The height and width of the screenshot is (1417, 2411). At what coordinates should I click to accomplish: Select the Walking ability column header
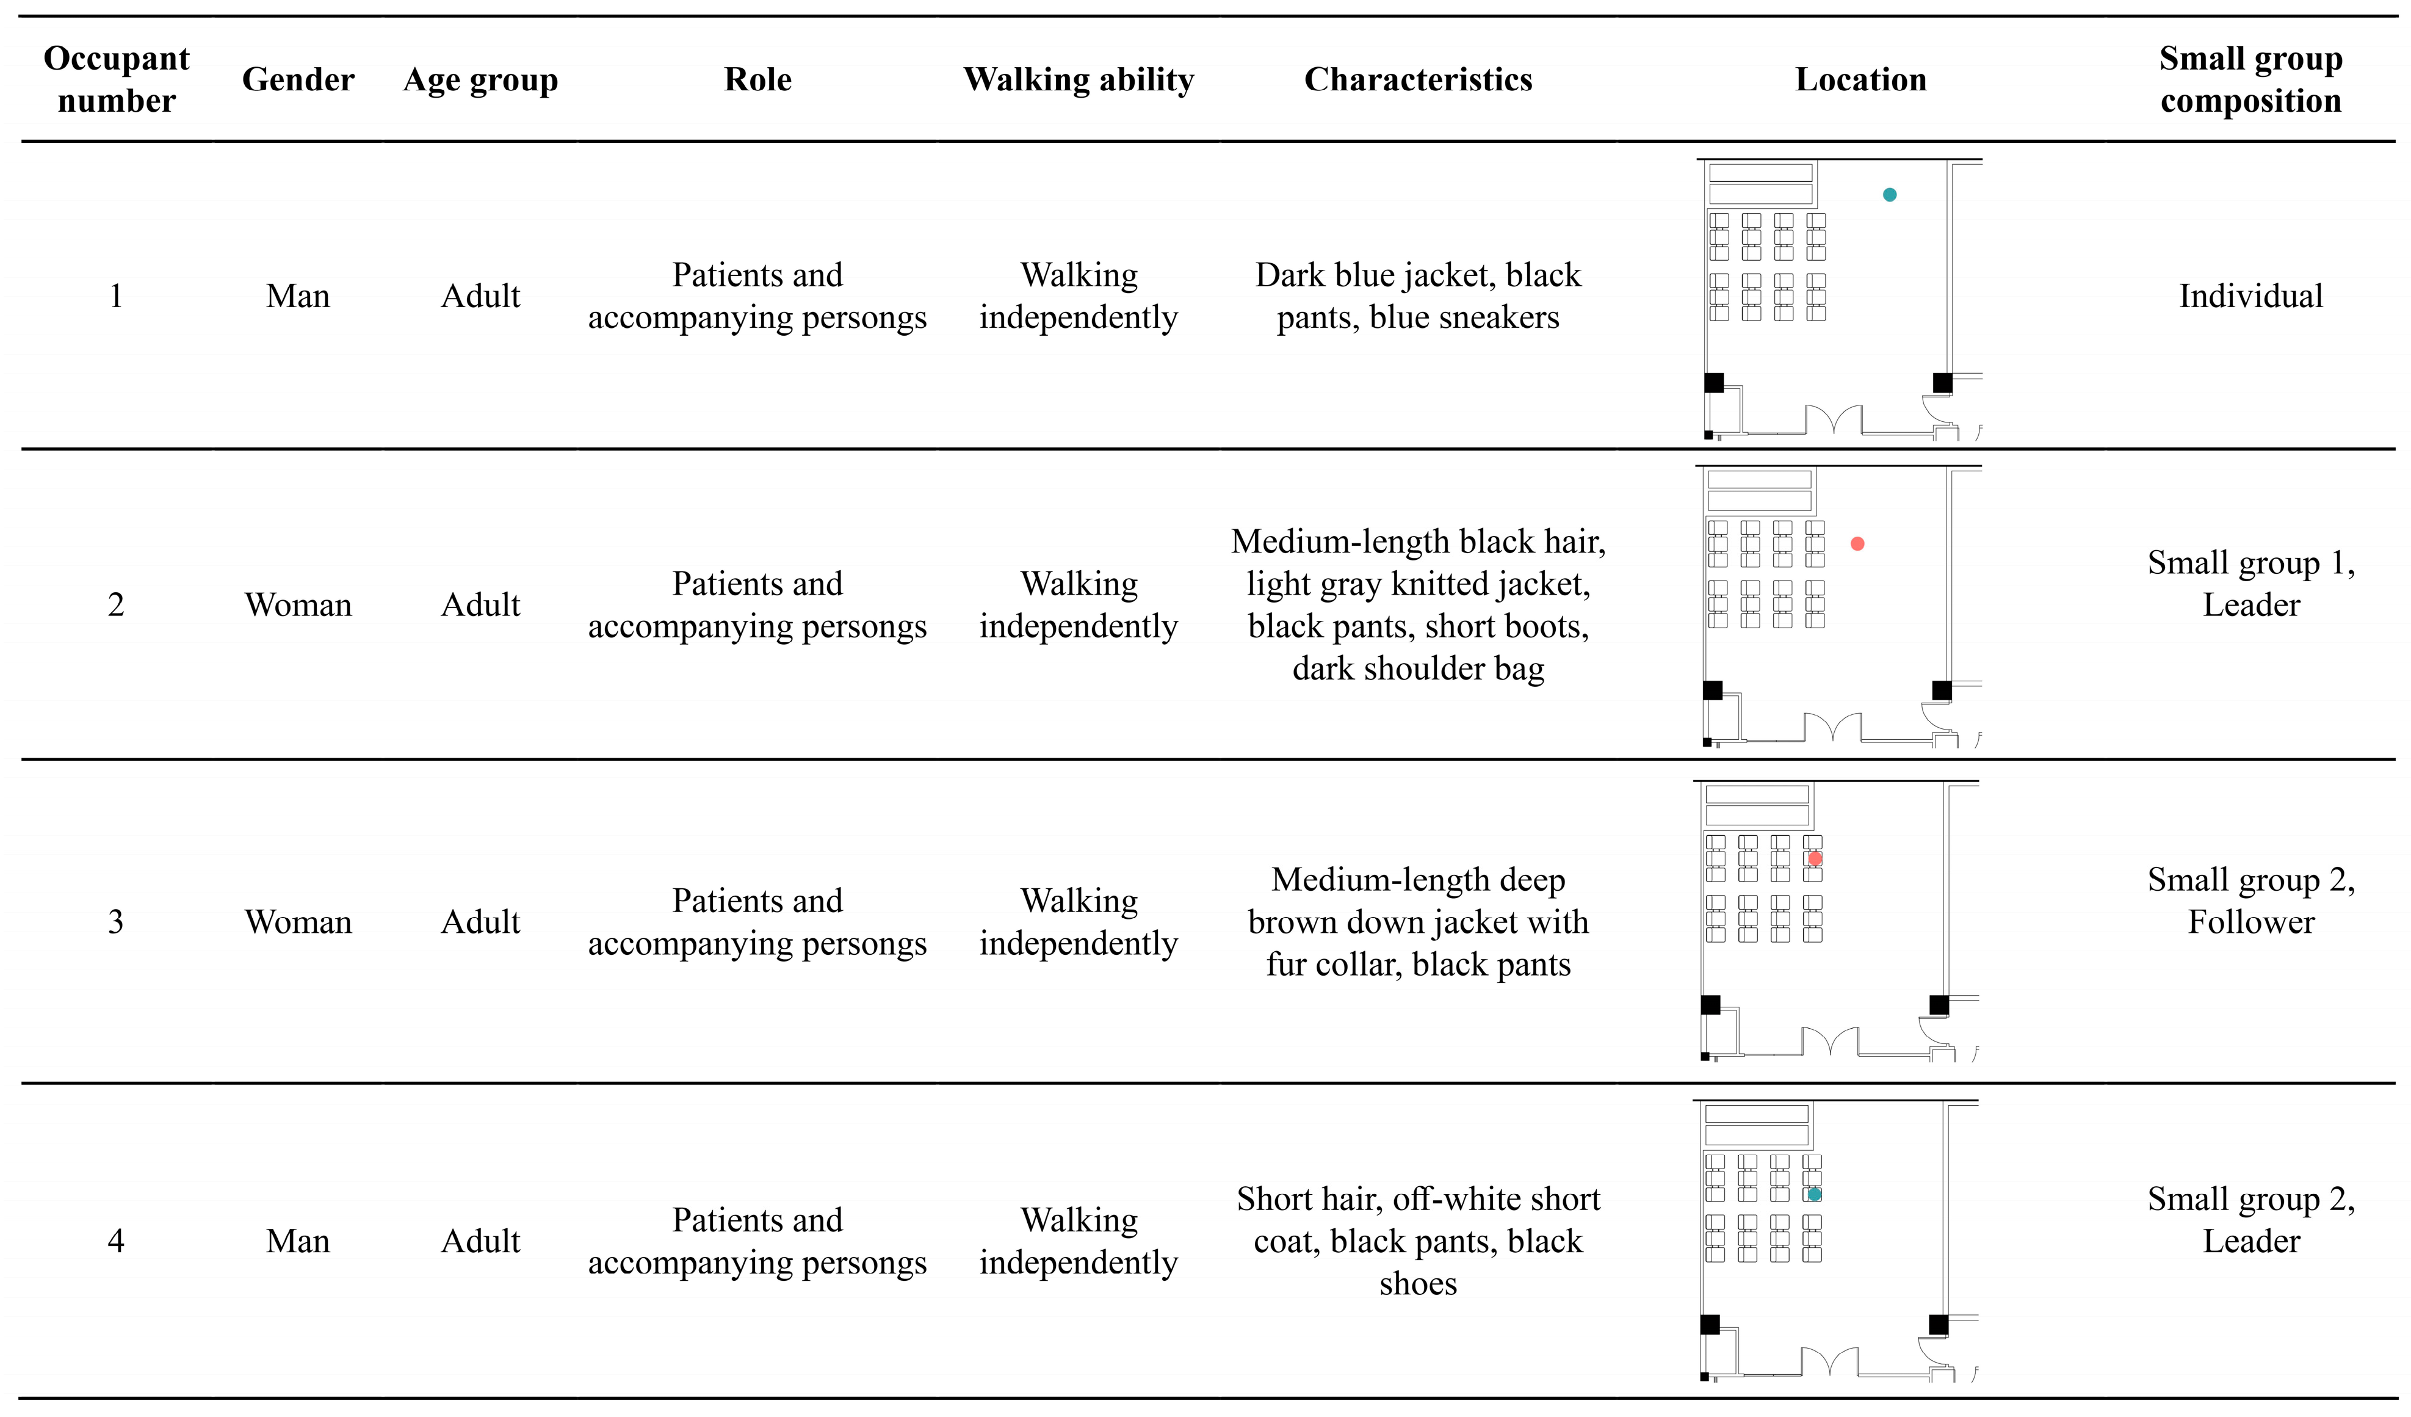click(1079, 79)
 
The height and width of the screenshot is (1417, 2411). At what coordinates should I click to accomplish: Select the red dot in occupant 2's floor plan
click(1857, 543)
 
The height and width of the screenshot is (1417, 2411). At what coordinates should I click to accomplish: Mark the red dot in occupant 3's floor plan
click(1815, 858)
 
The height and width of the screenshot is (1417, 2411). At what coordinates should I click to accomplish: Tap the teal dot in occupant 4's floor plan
click(1814, 1194)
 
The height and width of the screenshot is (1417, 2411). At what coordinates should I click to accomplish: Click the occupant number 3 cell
click(116, 921)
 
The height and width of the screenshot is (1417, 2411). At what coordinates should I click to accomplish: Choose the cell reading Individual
click(2250, 295)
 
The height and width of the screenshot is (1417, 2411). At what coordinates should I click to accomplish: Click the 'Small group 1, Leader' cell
click(2250, 584)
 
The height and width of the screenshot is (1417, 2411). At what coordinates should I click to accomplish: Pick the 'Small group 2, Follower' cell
click(2250, 901)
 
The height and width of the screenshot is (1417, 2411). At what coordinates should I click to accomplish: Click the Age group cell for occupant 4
click(480, 1241)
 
